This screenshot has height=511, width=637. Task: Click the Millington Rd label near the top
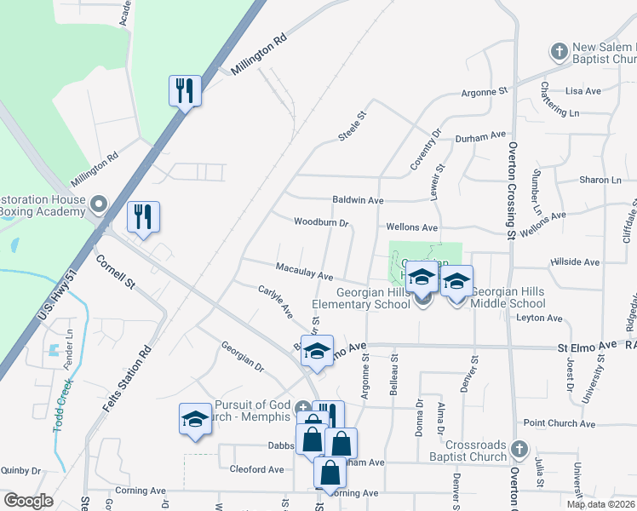[261, 55]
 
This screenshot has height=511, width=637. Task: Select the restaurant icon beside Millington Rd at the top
[185, 89]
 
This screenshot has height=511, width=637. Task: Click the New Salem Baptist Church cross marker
[559, 52]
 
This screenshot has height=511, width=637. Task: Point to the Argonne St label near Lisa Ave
[485, 91]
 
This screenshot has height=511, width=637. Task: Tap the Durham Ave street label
[481, 135]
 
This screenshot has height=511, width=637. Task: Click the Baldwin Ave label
[358, 200]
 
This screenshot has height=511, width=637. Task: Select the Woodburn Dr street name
[321, 223]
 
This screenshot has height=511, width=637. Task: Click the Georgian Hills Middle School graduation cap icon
[457, 282]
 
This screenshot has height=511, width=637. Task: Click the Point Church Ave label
[559, 423]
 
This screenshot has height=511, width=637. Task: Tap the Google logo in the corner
[28, 500]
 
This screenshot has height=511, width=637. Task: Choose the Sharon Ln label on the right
[600, 181]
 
